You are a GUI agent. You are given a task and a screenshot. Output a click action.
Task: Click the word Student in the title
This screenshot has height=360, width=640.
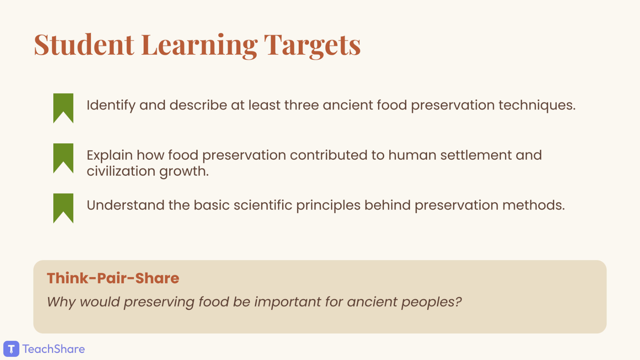click(84, 45)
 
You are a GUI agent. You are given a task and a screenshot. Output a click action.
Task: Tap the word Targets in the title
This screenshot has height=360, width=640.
click(313, 46)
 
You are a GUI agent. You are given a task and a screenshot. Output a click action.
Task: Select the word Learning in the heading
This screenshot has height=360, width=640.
click(199, 46)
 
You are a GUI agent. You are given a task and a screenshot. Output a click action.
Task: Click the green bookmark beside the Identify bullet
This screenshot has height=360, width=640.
click(63, 108)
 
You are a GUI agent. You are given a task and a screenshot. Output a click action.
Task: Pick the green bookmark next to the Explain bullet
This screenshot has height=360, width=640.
click(63, 158)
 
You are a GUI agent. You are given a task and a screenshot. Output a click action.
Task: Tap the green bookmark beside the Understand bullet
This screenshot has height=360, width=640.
click(63, 208)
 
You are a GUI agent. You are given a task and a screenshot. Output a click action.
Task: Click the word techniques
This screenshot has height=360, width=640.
click(537, 105)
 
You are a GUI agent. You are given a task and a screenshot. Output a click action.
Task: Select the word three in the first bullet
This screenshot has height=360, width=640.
click(301, 105)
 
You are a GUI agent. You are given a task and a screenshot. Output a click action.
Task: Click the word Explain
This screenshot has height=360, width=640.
click(110, 155)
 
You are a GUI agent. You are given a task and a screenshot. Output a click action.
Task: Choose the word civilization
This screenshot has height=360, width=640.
click(121, 171)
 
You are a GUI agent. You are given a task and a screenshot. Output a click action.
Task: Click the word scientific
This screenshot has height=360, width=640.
click(263, 205)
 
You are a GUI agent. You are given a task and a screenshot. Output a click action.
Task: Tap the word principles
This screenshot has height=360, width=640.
click(329, 206)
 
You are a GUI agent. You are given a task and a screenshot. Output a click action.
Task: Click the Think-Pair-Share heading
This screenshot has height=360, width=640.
click(113, 278)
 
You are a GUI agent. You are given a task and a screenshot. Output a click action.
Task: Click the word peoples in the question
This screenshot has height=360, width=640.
click(431, 302)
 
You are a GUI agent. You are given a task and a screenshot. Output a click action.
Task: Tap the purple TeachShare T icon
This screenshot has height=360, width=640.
click(11, 349)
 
